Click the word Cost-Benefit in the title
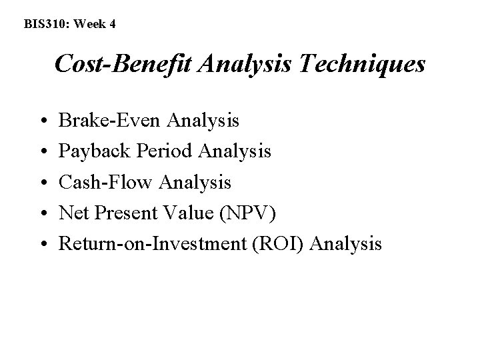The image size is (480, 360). tap(123, 65)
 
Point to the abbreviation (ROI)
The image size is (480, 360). tap(285, 243)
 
